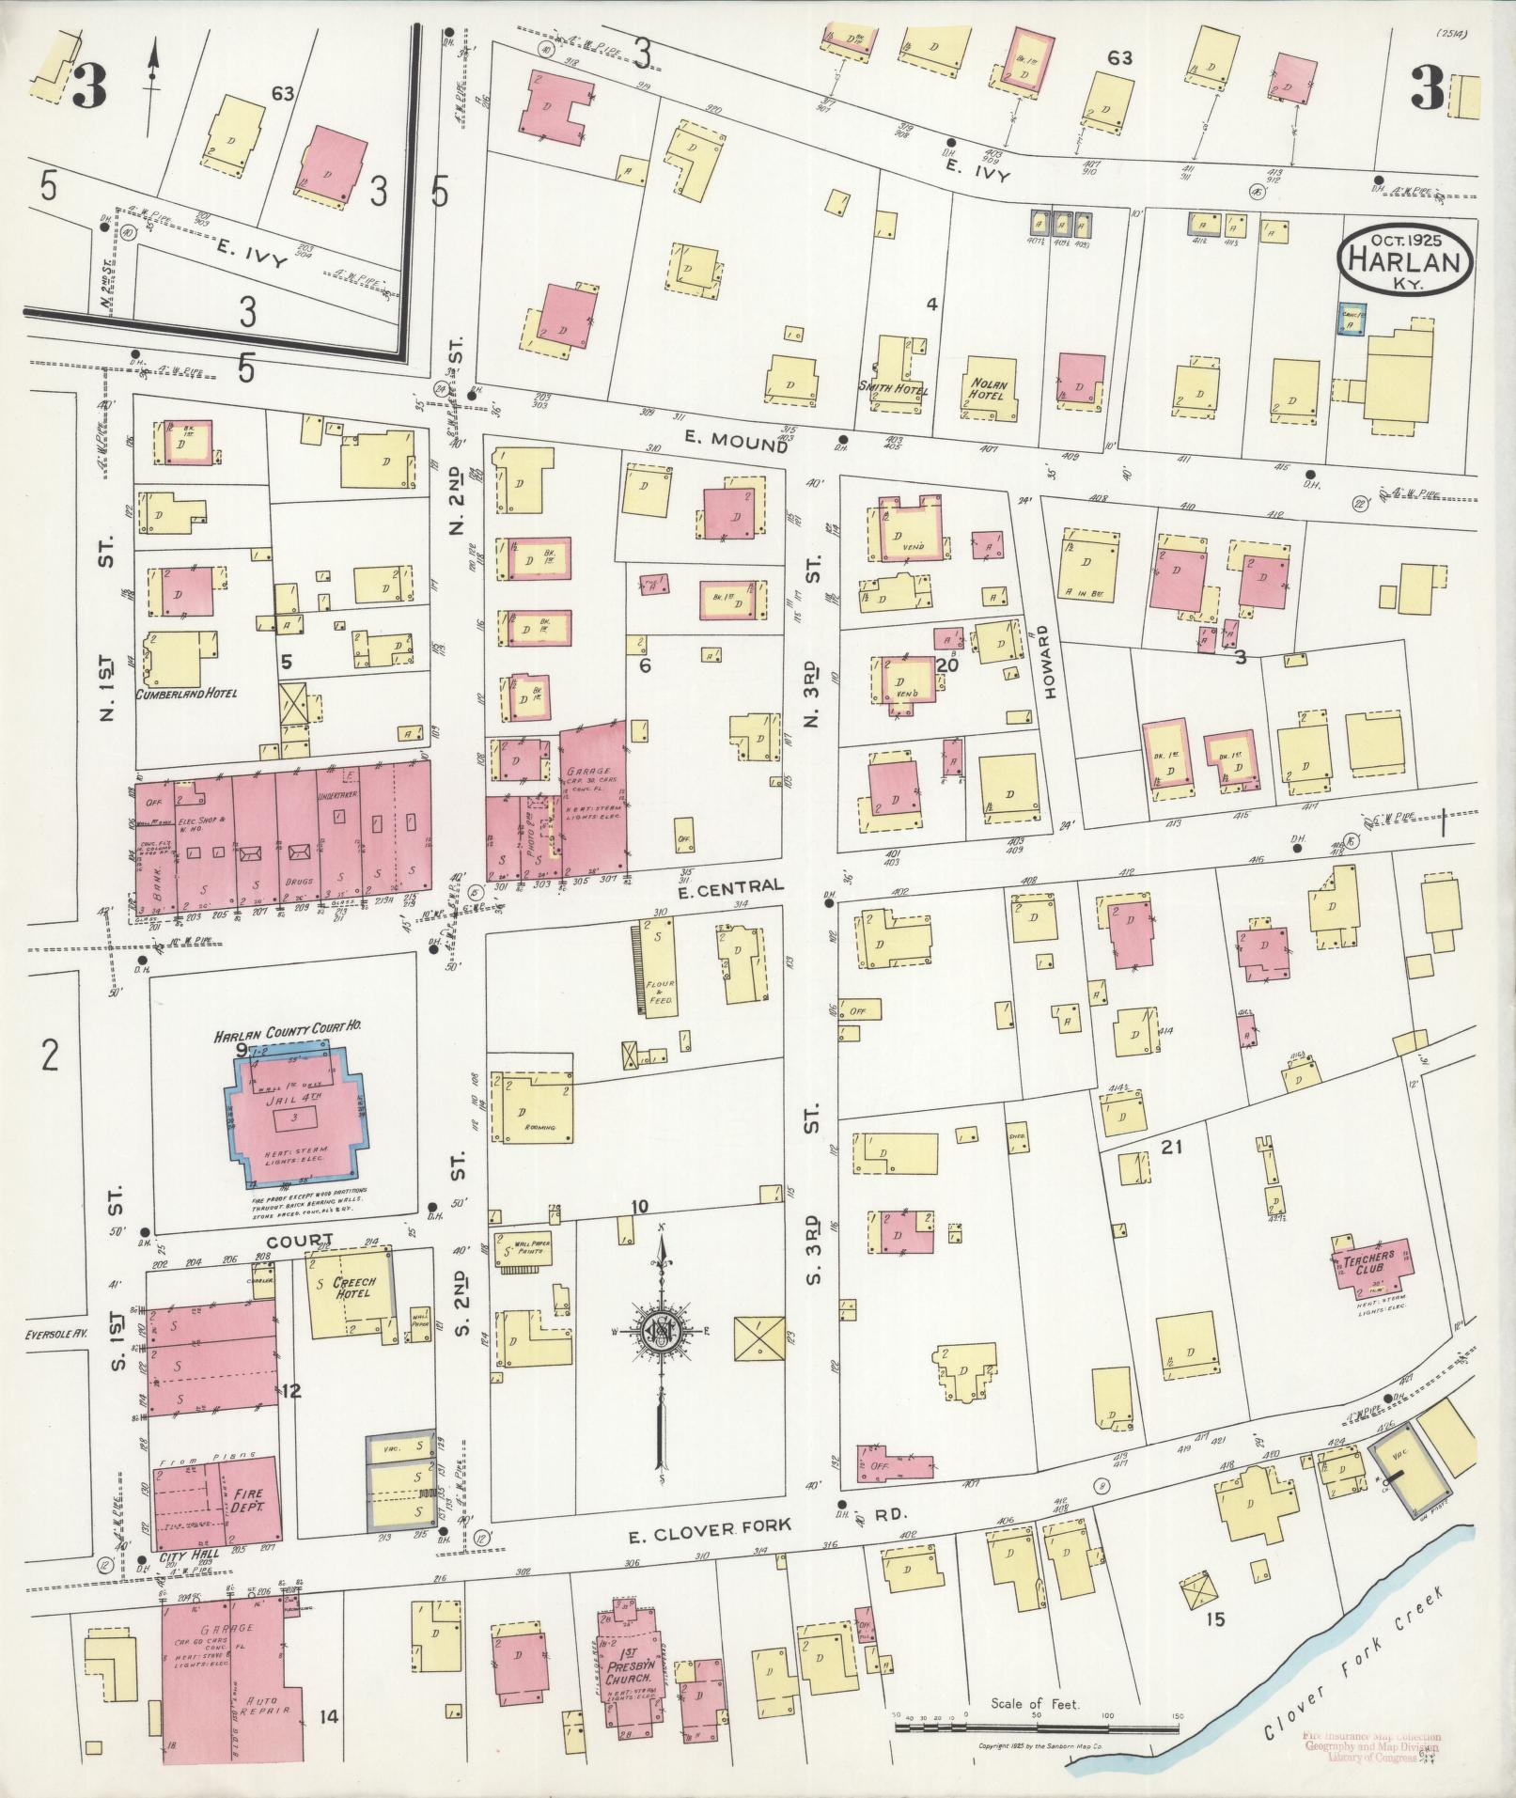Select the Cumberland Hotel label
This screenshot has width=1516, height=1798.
click(186, 695)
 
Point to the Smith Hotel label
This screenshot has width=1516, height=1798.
click(892, 390)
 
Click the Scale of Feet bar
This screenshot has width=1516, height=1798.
click(1034, 1727)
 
